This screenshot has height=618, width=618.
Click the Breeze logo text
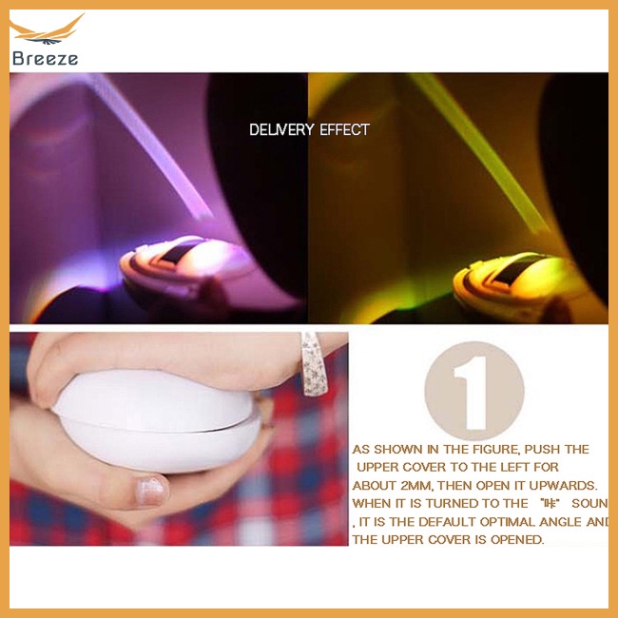(x=45, y=58)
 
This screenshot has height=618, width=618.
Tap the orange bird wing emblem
(x=48, y=31)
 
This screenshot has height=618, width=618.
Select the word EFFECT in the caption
(x=345, y=129)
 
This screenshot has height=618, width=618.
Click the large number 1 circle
(x=473, y=390)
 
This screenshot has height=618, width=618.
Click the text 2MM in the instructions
(x=423, y=485)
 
